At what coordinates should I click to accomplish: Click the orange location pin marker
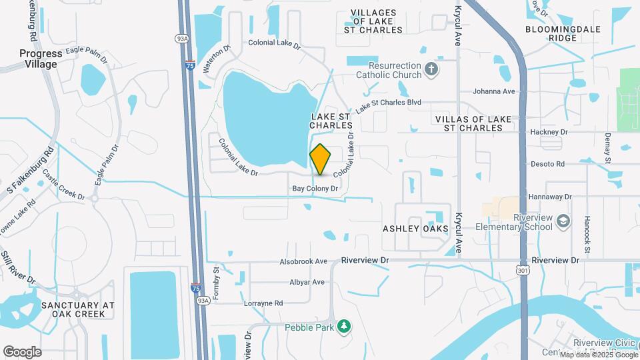click(321, 160)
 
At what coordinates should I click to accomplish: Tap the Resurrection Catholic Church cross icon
click(431, 69)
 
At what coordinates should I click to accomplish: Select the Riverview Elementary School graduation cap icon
click(563, 221)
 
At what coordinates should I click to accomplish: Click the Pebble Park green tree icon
click(344, 326)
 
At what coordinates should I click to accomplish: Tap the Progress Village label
click(41, 59)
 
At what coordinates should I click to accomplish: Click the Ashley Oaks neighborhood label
click(415, 229)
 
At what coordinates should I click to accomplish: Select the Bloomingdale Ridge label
click(563, 33)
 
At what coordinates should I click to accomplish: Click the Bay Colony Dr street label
click(316, 189)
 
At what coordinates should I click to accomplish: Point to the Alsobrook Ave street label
click(303, 261)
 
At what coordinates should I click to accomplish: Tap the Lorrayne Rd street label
click(265, 303)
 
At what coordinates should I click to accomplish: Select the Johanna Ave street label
click(494, 91)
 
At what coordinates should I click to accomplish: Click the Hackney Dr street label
click(549, 132)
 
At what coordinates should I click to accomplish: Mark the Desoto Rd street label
click(547, 163)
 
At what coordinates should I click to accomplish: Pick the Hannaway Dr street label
click(550, 197)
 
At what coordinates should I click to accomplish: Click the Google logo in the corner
click(22, 351)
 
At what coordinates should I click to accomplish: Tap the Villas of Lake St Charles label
click(473, 123)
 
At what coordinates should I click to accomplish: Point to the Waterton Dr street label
click(216, 57)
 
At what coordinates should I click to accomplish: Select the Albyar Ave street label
click(307, 282)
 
